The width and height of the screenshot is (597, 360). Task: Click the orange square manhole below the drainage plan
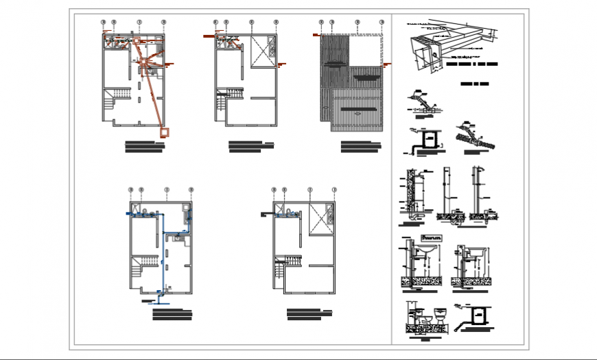(165, 131)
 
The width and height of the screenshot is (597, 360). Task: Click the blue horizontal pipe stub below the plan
(162, 300)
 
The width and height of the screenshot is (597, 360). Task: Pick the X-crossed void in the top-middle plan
(261, 51)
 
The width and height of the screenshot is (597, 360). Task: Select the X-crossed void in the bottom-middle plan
(319, 218)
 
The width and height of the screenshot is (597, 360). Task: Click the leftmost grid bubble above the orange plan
(103, 23)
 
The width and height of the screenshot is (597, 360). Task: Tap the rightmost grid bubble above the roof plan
(382, 23)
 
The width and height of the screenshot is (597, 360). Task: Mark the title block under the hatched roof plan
(360, 146)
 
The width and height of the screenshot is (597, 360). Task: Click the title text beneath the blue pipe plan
(172, 315)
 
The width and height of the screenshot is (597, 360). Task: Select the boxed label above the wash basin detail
(432, 237)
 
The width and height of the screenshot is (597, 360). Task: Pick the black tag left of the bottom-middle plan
(264, 215)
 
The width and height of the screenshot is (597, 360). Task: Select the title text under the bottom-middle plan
(309, 314)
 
